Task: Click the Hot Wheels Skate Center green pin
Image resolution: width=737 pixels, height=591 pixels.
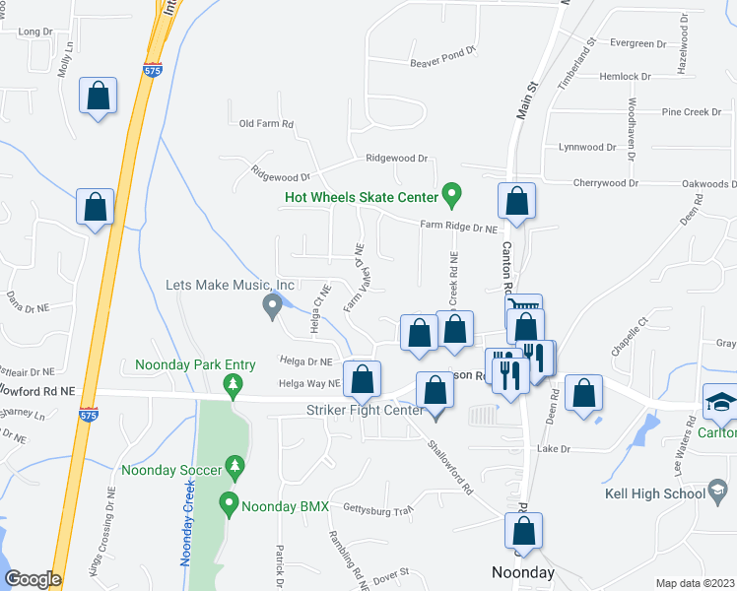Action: click(452, 194)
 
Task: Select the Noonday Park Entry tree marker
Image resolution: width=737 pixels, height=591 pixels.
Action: click(234, 384)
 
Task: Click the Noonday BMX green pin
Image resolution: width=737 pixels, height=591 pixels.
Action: click(230, 504)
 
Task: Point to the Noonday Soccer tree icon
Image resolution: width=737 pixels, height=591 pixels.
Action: click(234, 463)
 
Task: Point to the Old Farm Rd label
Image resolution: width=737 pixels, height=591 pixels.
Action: click(267, 124)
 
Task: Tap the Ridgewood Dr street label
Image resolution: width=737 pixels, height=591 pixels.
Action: click(397, 158)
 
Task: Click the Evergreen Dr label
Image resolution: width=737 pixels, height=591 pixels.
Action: click(638, 43)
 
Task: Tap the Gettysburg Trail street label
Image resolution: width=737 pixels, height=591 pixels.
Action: click(375, 510)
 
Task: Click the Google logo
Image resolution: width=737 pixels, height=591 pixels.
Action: click(33, 579)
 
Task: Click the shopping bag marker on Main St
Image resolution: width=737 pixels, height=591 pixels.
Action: click(517, 202)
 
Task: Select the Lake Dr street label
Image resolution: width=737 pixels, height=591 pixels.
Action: click(554, 449)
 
